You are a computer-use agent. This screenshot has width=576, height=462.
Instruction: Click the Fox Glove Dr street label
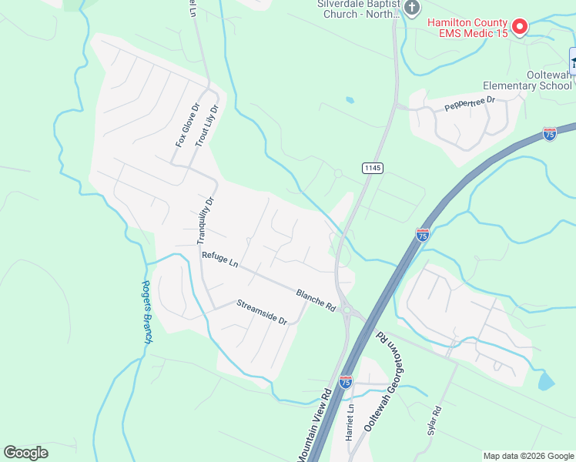pyautogui.click(x=187, y=126)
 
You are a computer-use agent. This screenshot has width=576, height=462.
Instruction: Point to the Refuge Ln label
pyautogui.click(x=219, y=259)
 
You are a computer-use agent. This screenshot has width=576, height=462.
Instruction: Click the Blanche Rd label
pyautogui.click(x=316, y=300)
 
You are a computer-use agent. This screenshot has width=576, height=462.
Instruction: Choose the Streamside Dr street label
pyautogui.click(x=261, y=312)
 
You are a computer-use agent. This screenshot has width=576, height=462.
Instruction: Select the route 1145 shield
pyautogui.click(x=372, y=168)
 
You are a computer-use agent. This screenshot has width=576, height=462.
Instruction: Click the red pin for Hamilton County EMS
pyautogui.click(x=519, y=27)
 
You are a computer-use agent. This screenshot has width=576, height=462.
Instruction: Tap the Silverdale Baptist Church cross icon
pyautogui.click(x=412, y=8)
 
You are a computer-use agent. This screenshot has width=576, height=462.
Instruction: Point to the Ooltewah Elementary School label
pyautogui.click(x=527, y=80)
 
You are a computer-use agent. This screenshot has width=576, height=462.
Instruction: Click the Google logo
pyautogui.click(x=25, y=453)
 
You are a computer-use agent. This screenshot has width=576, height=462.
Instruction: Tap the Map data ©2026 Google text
pyautogui.click(x=527, y=456)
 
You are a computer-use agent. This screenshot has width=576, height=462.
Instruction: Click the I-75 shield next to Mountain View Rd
pyautogui.click(x=346, y=381)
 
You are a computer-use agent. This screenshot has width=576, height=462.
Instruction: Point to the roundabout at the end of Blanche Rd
pyautogui.click(x=347, y=310)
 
